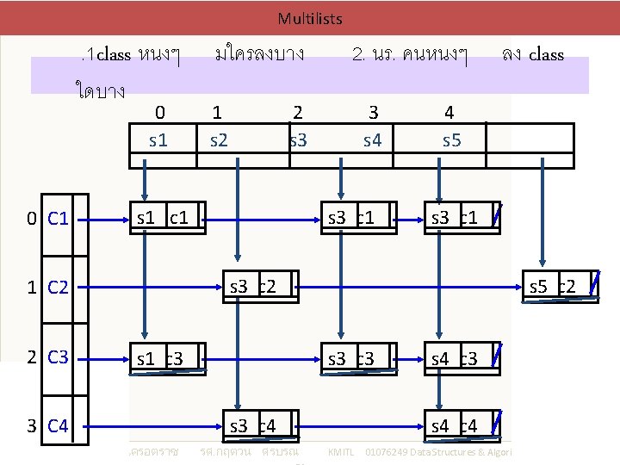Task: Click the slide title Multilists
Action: [310, 18]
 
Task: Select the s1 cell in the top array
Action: [158, 139]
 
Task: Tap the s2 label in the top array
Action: [219, 139]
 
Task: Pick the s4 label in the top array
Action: [372, 139]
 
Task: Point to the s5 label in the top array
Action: [450, 139]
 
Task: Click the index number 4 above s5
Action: [449, 112]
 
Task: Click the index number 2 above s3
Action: [297, 112]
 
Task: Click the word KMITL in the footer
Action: [343, 452]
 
